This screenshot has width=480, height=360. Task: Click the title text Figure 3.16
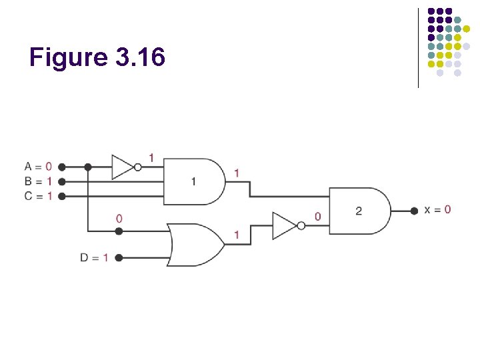97,58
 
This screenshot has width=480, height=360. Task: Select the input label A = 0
38,166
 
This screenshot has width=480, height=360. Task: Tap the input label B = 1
38,181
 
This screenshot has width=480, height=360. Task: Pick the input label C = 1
38,196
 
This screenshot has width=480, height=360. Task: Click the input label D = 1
95,257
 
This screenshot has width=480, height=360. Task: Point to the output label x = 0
437,209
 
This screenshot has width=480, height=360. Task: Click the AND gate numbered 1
193,181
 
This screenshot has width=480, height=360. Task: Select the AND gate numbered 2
359,211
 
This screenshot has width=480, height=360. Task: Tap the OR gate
195,245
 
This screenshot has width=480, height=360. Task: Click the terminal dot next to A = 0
61,167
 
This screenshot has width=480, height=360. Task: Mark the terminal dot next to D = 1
119,257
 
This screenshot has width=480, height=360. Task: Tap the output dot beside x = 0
415,210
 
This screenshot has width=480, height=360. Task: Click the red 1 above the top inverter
151,157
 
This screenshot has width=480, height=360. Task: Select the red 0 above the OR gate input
119,219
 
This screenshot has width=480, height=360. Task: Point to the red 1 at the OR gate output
237,235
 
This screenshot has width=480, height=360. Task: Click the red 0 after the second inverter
317,217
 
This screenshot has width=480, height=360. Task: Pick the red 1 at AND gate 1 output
237,173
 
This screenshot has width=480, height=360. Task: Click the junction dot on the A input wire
87,167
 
